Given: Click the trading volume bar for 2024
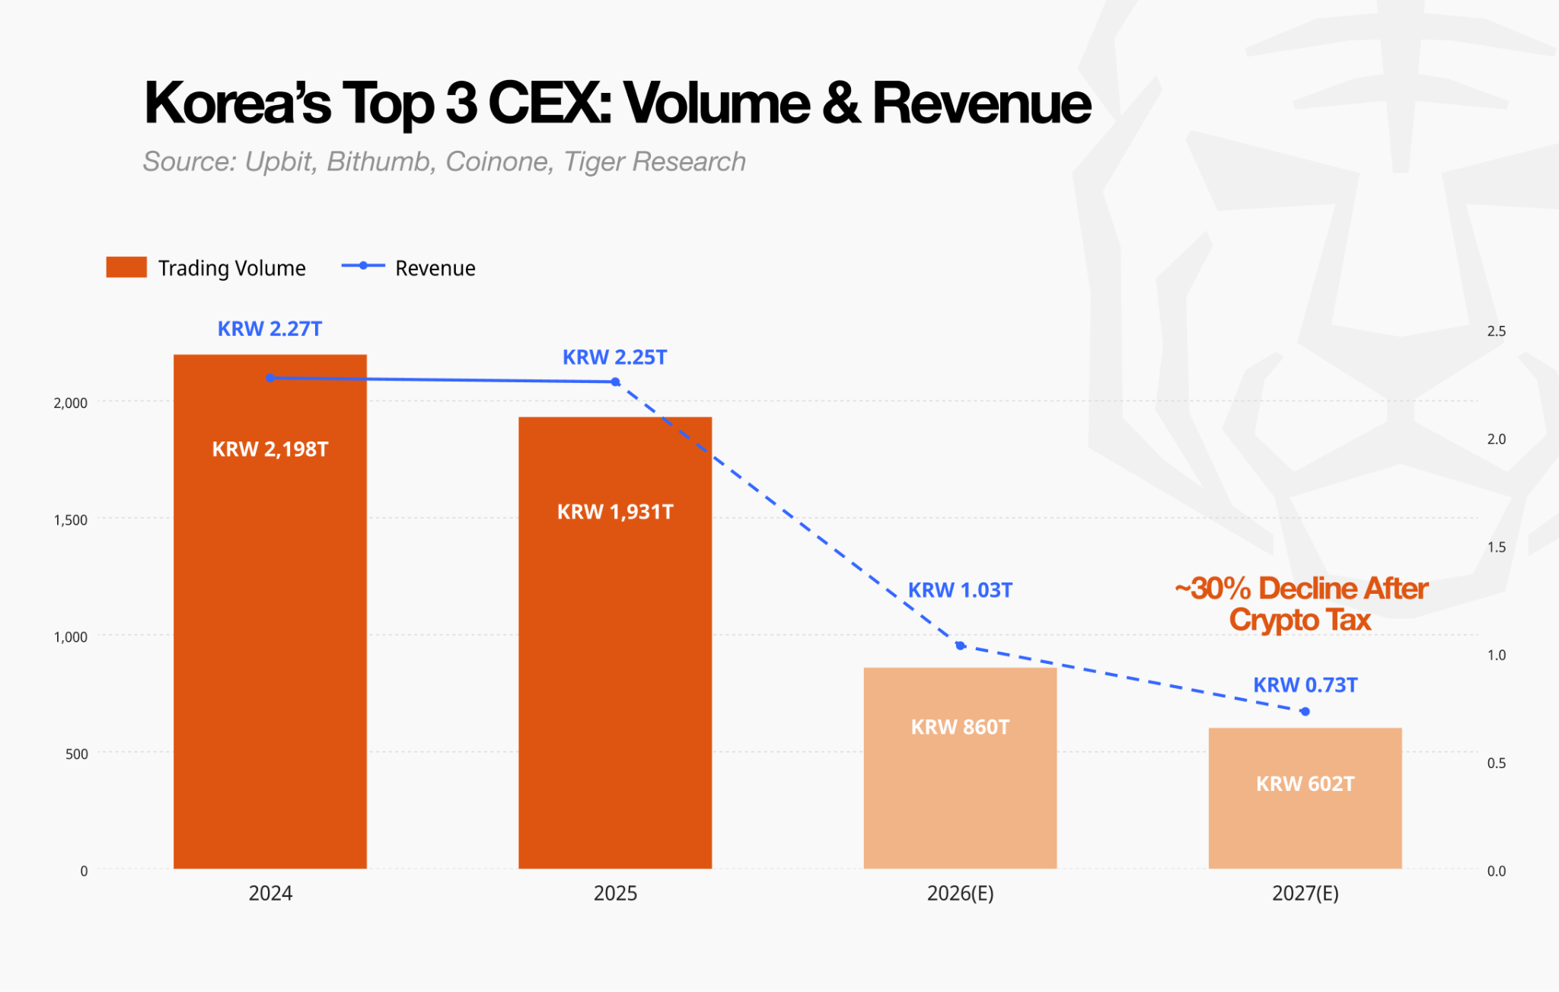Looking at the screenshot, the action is pyautogui.click(x=270, y=611).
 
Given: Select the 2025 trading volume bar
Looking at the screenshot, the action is pyautogui.click(x=615, y=643).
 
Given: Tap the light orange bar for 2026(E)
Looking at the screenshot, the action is pyautogui.click(x=960, y=768).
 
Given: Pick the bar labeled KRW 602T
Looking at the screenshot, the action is pyautogui.click(x=1305, y=798).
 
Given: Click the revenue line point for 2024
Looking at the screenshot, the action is pyautogui.click(x=270, y=378).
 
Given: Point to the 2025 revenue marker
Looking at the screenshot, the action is pyautogui.click(x=615, y=381).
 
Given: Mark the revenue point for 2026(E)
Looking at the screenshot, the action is pyautogui.click(x=960, y=646).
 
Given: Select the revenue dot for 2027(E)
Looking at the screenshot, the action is pyautogui.click(x=1305, y=711).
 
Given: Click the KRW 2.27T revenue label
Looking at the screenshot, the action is pyautogui.click(x=270, y=329).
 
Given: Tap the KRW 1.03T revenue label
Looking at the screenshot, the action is pyautogui.click(x=960, y=590).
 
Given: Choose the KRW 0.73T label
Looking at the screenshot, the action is pyautogui.click(x=1305, y=685).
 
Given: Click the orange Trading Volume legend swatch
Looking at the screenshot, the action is pyautogui.click(x=126, y=267).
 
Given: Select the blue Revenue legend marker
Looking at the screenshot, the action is pyautogui.click(x=363, y=266).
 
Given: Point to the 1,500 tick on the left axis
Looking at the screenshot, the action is pyautogui.click(x=70, y=520).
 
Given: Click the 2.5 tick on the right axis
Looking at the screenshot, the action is pyautogui.click(x=1497, y=331).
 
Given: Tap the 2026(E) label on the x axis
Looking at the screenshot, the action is pyautogui.click(x=960, y=893).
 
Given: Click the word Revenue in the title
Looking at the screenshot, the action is pyautogui.click(x=982, y=103).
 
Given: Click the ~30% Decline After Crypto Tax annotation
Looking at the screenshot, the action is pyautogui.click(x=1301, y=604).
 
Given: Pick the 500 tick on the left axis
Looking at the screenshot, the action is pyautogui.click(x=77, y=754).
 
